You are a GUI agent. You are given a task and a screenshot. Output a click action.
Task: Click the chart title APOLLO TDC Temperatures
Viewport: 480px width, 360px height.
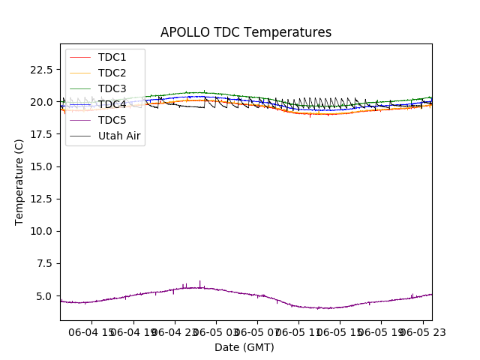click(246, 33)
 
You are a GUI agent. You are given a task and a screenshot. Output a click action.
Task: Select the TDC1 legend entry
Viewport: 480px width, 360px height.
click(112, 57)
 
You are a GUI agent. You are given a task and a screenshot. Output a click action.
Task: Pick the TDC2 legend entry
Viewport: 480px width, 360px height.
click(112, 73)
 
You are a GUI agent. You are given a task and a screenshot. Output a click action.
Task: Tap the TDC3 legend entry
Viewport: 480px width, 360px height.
click(112, 88)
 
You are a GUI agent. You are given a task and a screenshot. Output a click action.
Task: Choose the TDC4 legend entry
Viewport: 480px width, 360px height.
click(112, 104)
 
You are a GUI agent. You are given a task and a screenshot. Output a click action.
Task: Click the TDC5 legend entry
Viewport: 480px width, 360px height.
click(112, 120)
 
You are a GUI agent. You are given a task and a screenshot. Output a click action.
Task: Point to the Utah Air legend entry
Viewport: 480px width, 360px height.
click(119, 136)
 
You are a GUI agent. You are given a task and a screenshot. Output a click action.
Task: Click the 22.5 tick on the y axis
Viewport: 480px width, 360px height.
click(41, 70)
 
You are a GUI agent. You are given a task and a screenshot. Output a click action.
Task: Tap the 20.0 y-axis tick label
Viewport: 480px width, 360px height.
click(41, 102)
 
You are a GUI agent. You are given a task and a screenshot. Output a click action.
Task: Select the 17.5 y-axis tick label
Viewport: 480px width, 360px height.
click(41, 134)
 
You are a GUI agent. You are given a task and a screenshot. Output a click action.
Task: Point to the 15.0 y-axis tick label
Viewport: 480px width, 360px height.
click(41, 166)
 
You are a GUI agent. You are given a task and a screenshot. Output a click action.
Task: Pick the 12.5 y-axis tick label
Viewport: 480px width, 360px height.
click(41, 199)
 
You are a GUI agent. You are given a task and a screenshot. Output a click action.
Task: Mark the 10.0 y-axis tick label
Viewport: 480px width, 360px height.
click(41, 231)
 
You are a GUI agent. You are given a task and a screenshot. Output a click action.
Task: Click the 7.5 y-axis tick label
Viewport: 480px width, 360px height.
click(44, 263)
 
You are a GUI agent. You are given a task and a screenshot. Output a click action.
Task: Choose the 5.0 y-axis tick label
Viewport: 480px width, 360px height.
click(44, 296)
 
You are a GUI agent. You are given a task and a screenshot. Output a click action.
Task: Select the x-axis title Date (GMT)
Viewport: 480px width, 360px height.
click(244, 347)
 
